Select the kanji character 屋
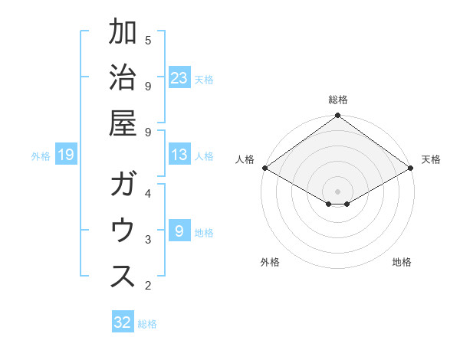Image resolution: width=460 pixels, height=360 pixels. (123, 122)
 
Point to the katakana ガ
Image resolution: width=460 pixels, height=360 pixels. (123, 185)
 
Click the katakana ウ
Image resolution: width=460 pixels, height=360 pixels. (123, 231)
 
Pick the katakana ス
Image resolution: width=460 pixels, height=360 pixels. (123, 276)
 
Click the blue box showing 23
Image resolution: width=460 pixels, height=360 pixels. (179, 78)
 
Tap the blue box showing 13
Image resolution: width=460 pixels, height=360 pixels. (179, 155)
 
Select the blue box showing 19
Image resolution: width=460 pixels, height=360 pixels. (65, 155)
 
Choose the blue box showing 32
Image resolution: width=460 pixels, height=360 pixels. (123, 323)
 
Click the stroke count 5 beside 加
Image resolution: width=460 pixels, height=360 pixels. (148, 40)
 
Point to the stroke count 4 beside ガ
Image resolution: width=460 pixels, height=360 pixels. (148, 194)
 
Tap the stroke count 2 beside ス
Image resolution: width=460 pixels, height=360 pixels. (148, 286)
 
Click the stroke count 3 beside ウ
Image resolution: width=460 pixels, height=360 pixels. (148, 240)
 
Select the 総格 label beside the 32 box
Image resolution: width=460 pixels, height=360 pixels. (147, 324)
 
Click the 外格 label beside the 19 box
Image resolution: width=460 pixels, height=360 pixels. (41, 156)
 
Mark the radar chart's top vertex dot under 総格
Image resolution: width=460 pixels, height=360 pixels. (337, 116)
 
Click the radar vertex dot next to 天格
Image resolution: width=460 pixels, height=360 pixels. (412, 169)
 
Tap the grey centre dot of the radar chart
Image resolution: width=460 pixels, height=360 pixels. (337, 190)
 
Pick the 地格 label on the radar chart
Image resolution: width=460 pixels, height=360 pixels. (402, 263)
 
